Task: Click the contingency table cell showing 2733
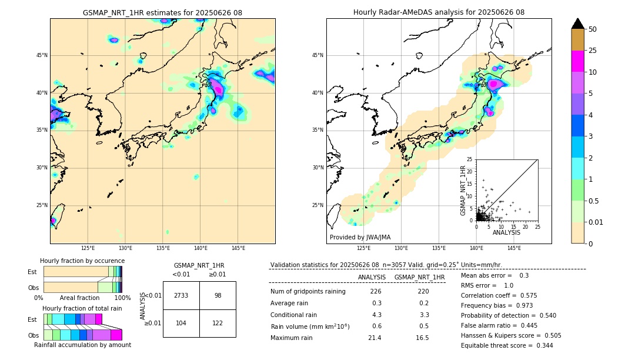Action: pyautogui.click(x=181, y=295)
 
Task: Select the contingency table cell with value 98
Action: pyautogui.click(x=218, y=295)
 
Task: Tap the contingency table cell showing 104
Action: pyautogui.click(x=181, y=323)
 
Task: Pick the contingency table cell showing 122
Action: pyautogui.click(x=218, y=323)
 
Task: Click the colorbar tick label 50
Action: pyautogui.click(x=593, y=29)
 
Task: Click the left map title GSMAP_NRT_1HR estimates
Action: pyautogui.click(x=162, y=12)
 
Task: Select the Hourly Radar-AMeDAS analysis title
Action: pyautogui.click(x=439, y=12)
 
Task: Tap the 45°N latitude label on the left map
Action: pyautogui.click(x=42, y=55)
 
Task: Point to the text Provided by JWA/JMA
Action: pyautogui.click(x=360, y=237)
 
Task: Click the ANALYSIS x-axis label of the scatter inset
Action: pyautogui.click(x=506, y=233)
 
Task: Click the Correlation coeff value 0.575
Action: pyautogui.click(x=542, y=295)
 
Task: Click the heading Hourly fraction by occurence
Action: pyautogui.click(x=82, y=261)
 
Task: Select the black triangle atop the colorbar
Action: pyautogui.click(x=578, y=24)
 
